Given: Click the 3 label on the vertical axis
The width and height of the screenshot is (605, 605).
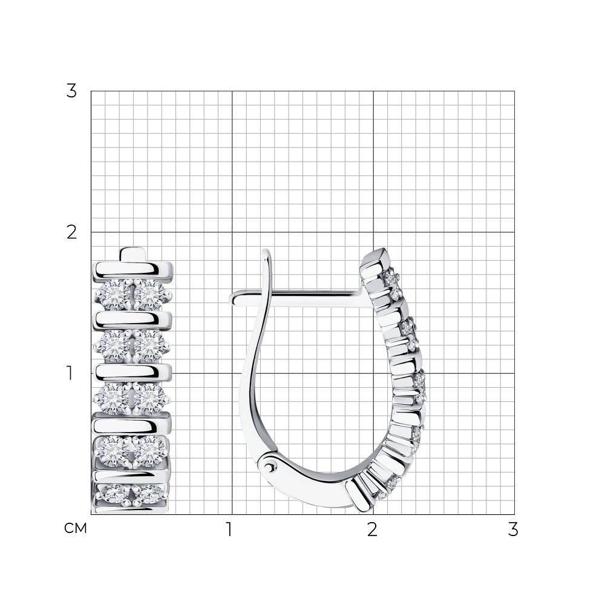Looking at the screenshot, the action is click(71, 91).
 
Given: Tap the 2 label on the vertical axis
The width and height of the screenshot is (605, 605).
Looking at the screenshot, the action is click(72, 232).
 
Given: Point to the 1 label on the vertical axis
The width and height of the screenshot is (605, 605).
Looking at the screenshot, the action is click(70, 373).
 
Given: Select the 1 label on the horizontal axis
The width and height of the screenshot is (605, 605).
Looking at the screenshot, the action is click(229, 529).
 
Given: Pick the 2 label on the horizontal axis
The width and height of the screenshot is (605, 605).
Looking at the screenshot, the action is click(372, 529).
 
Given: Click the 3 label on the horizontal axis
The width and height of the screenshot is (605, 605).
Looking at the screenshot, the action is click(513, 529).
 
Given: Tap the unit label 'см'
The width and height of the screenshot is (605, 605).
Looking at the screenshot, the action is click(76, 528).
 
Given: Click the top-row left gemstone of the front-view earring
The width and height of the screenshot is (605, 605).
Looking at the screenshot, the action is click(113, 295).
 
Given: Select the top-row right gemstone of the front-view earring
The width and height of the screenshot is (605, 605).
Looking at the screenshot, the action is click(149, 295).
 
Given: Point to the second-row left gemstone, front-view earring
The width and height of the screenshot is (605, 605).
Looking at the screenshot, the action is click(113, 345).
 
